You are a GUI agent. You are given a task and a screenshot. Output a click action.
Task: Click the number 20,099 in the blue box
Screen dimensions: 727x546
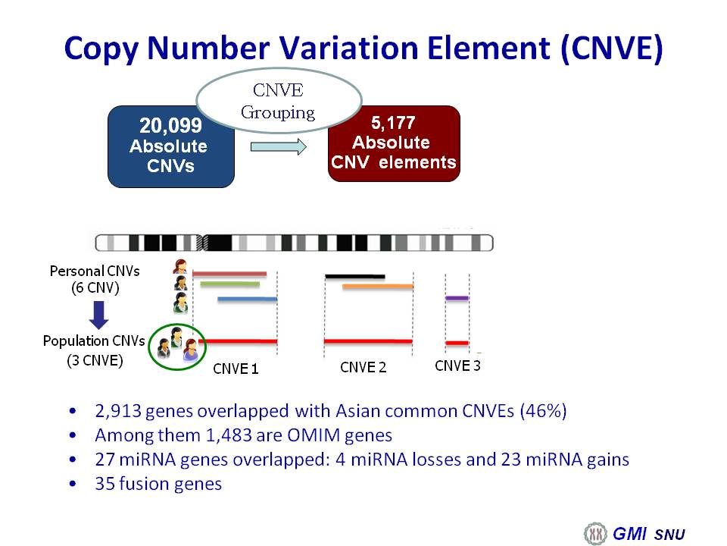click(x=170, y=125)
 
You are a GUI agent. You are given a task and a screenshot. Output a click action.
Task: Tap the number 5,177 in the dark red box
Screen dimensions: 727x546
click(x=393, y=123)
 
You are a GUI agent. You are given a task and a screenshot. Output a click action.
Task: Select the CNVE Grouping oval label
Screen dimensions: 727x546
click(x=279, y=101)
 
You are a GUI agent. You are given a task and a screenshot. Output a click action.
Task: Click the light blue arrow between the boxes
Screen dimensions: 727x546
click(x=279, y=146)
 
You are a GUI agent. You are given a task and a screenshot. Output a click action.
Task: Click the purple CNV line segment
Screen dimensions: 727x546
click(x=457, y=298)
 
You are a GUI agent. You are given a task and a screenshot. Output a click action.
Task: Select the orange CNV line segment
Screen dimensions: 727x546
click(x=377, y=287)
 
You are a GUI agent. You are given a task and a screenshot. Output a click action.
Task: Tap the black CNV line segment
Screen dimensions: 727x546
click(x=354, y=277)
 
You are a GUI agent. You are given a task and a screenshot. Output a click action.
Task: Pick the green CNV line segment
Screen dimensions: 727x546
click(x=230, y=284)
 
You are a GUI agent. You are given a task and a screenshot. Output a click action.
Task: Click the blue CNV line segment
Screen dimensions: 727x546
click(x=247, y=299)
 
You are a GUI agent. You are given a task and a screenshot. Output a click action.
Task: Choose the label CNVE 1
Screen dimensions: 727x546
click(x=236, y=369)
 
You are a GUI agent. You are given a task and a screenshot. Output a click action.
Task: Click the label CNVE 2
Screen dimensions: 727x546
click(x=363, y=367)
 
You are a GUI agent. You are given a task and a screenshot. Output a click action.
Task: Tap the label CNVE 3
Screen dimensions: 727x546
click(x=457, y=366)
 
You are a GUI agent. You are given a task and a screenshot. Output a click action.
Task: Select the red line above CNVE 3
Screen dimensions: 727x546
click(x=457, y=343)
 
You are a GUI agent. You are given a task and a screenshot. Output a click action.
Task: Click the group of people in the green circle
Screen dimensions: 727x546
click(x=176, y=346)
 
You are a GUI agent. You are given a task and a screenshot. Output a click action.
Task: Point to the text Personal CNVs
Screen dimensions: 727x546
click(x=95, y=271)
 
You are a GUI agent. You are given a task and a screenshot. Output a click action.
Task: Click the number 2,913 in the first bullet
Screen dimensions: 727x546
click(x=118, y=411)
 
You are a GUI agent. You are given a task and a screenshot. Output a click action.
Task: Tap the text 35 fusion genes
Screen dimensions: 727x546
click(x=158, y=484)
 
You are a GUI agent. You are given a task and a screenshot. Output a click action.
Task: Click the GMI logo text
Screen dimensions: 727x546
click(x=629, y=533)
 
